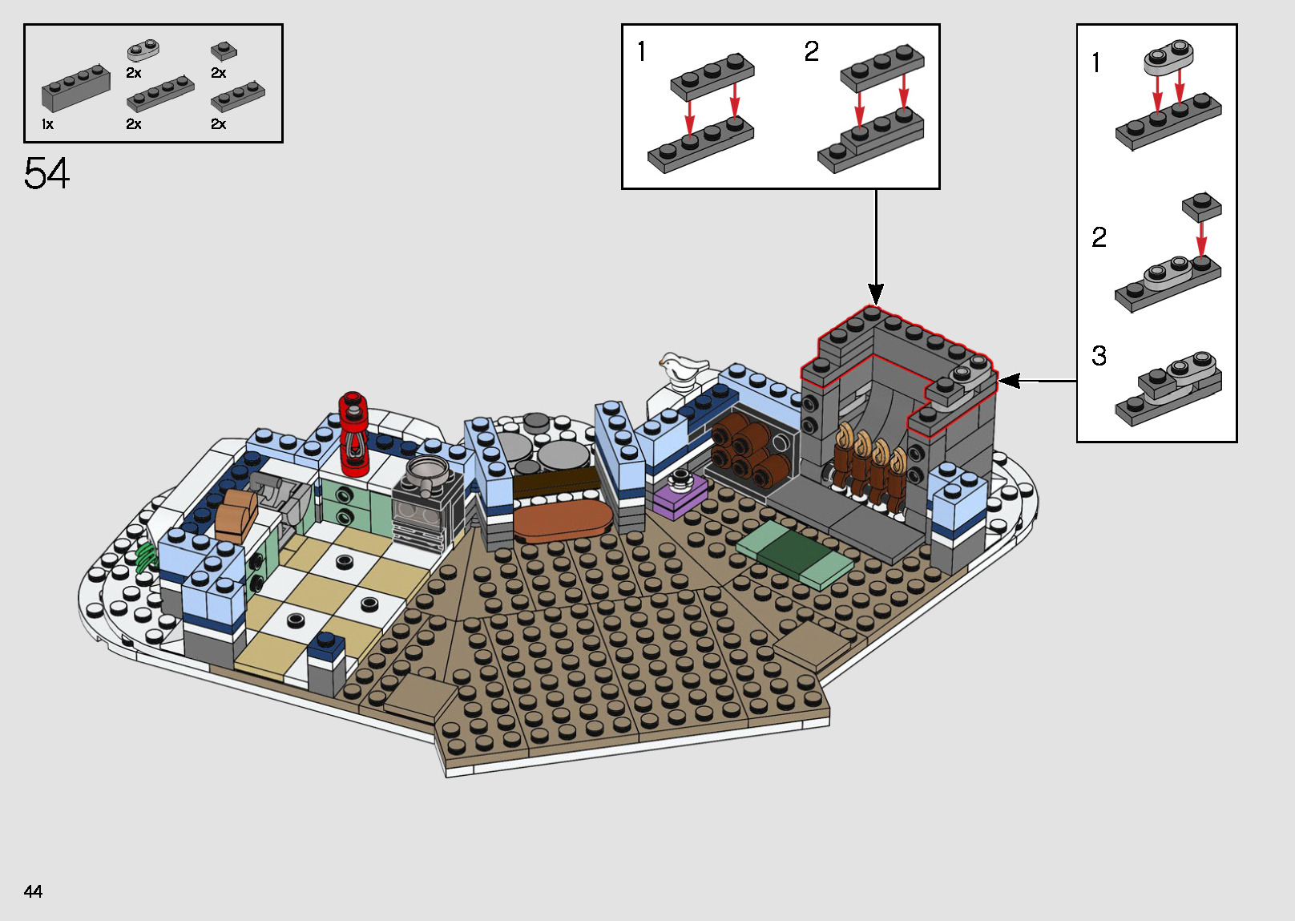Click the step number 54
pyautogui.click(x=46, y=173)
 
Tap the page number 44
pyautogui.click(x=33, y=891)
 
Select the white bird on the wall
pyautogui.click(x=681, y=369)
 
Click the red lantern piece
pyautogui.click(x=353, y=433)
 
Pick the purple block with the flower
pyautogui.click(x=680, y=494)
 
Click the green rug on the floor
pyautogui.click(x=793, y=555)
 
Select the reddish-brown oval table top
pyautogui.click(x=563, y=520)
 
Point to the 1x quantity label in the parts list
pyautogui.click(x=47, y=124)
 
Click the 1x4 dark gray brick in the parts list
pyautogui.click(x=76, y=87)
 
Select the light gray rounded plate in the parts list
pyautogui.click(x=143, y=51)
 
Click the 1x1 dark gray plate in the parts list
pyautogui.click(x=224, y=51)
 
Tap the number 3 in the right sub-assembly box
pyautogui.click(x=1099, y=356)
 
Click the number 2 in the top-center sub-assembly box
pyautogui.click(x=812, y=52)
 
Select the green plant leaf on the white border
pyautogui.click(x=146, y=555)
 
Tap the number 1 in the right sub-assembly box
pyautogui.click(x=1096, y=63)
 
